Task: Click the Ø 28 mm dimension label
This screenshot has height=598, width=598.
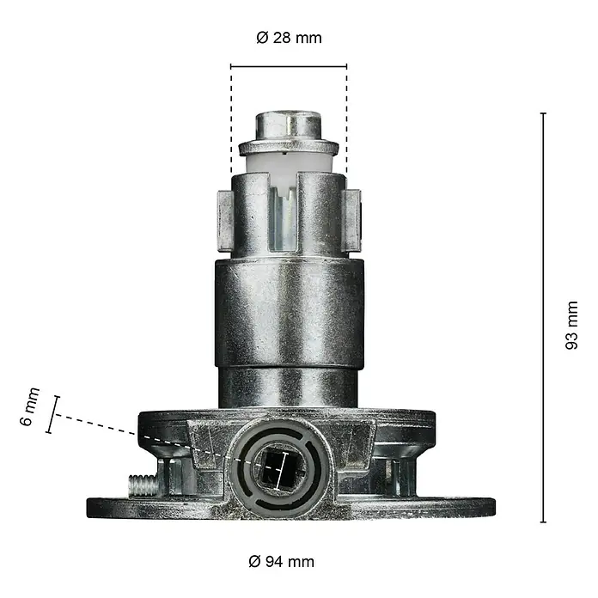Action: [289, 38]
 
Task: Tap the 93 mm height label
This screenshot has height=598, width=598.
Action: [571, 325]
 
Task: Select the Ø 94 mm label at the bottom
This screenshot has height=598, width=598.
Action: [282, 561]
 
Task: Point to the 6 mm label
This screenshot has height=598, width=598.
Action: [30, 406]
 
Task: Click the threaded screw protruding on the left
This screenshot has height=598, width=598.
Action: [143, 485]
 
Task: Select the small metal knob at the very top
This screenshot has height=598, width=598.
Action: [289, 125]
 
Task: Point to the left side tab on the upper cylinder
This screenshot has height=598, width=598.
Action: [225, 221]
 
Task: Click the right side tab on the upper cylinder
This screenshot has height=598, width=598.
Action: [352, 221]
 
